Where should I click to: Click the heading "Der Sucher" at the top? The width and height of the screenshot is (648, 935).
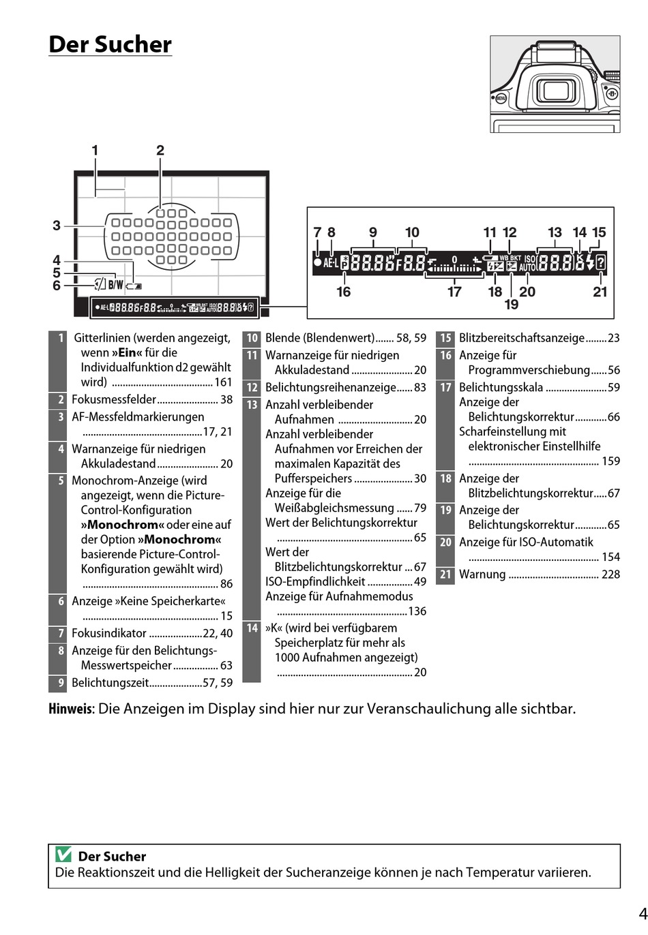coord(110,44)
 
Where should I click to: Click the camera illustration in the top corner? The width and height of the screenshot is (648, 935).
coord(555,84)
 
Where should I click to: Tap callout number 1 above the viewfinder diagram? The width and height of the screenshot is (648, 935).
coord(95,151)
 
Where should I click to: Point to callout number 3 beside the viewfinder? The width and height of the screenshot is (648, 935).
coord(57,226)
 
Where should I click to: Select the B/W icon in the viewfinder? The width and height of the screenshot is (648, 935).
coord(116,285)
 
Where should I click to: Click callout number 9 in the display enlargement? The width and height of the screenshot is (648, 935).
coord(373,232)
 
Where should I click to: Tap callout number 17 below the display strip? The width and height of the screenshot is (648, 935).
coord(454,292)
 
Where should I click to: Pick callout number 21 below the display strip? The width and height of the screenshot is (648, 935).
coord(600,292)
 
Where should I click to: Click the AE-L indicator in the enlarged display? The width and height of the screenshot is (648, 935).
coord(331,262)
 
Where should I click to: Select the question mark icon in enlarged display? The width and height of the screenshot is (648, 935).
coord(600,262)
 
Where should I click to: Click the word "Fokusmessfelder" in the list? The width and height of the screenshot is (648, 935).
coord(114,400)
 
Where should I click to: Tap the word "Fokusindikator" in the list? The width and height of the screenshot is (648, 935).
coord(109,633)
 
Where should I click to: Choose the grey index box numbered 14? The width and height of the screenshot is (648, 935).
coord(252,628)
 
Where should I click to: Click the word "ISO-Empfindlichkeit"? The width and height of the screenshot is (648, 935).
coord(315,582)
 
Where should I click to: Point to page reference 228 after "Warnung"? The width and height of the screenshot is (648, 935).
coord(610,574)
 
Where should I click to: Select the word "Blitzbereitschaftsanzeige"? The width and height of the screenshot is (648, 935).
coord(522,338)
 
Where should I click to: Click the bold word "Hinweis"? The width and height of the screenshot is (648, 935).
coord(70,709)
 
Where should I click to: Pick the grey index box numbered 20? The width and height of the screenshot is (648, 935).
coord(445,542)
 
